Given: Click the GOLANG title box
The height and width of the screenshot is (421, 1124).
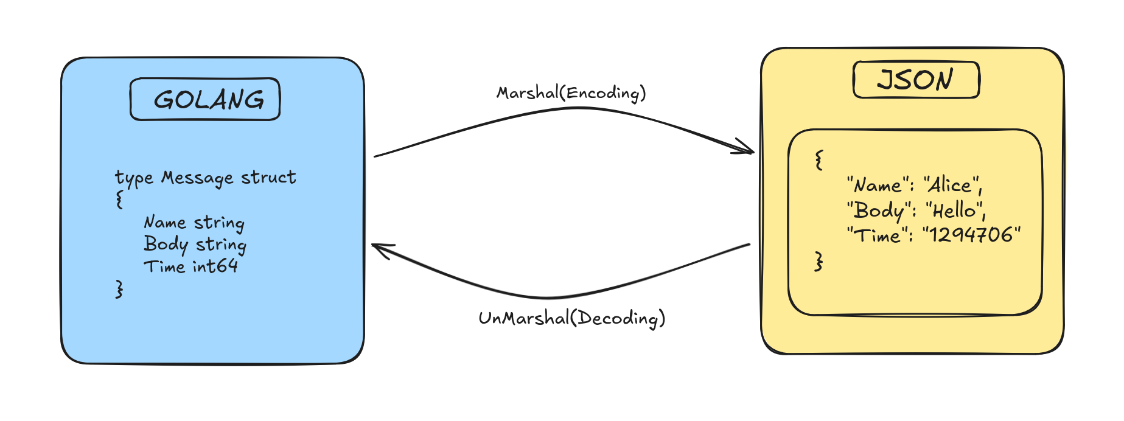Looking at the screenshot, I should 205,99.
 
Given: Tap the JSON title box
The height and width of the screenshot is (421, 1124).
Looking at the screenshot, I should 916,80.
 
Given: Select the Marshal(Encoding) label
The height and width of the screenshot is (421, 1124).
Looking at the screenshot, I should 571,93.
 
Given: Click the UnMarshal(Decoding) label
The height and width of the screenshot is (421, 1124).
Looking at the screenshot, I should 571,318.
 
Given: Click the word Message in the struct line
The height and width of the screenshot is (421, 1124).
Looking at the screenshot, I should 197,178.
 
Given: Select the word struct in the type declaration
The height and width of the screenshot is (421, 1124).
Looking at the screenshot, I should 268,177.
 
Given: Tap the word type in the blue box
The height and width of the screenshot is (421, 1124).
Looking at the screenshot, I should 134,178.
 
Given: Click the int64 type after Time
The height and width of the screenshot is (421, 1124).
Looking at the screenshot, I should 215,266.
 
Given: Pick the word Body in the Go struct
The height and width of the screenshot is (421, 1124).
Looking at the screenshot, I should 165,245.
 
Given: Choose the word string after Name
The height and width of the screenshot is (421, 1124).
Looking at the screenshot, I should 219,223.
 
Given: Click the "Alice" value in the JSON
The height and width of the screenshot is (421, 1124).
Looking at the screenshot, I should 952,185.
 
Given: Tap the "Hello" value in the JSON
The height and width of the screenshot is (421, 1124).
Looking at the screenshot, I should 955,211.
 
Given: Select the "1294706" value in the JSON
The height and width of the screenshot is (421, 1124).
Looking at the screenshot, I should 971,235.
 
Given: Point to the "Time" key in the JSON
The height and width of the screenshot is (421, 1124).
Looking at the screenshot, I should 877,235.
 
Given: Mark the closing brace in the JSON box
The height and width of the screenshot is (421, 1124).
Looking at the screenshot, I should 819,262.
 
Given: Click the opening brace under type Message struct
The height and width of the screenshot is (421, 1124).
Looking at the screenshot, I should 120,200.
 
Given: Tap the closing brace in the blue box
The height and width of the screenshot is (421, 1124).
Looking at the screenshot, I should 119,289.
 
